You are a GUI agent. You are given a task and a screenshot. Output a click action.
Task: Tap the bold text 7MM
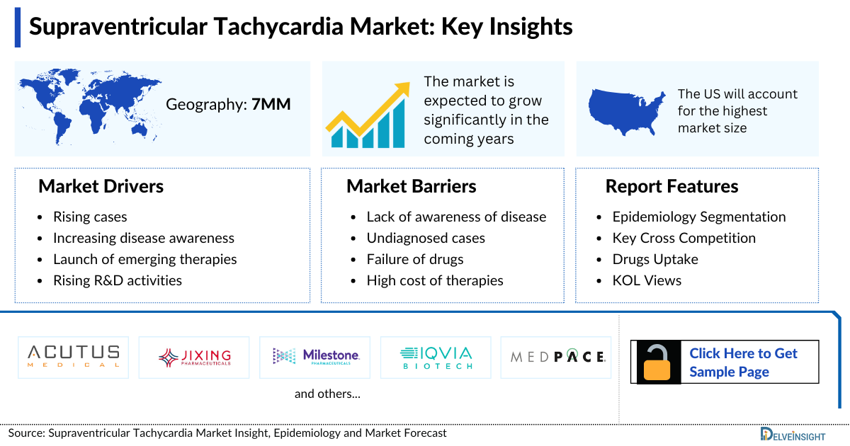pyautogui.click(x=271, y=105)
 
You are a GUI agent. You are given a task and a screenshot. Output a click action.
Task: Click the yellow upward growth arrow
pyautogui.click(x=375, y=106)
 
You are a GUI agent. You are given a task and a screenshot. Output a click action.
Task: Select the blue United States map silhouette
pyautogui.click(x=628, y=112)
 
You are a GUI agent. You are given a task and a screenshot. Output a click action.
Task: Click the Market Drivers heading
pyautogui.click(x=101, y=186)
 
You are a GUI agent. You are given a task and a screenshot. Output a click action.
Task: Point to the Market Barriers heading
pyautogui.click(x=411, y=186)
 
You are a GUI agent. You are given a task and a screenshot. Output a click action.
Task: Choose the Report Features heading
pyautogui.click(x=671, y=186)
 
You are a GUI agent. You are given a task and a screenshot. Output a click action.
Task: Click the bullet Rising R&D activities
pyautogui.click(x=118, y=280)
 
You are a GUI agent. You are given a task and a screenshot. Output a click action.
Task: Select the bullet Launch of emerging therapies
pyautogui.click(x=144, y=259)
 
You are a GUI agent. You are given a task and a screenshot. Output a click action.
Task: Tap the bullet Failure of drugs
pyautogui.click(x=415, y=259)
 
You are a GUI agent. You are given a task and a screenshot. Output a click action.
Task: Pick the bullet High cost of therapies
pyautogui.click(x=435, y=280)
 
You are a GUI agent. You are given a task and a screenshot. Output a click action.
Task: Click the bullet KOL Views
pyautogui.click(x=647, y=280)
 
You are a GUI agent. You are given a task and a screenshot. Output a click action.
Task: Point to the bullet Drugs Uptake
pyautogui.click(x=655, y=259)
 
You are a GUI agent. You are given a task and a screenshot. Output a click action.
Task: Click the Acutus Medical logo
pyautogui.click(x=74, y=357)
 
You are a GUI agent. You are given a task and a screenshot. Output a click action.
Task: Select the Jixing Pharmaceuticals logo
pyautogui.click(x=195, y=357)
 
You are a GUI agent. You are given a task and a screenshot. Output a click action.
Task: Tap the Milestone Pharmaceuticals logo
pyautogui.click(x=316, y=357)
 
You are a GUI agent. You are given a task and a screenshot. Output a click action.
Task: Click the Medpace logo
pyautogui.click(x=557, y=357)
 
